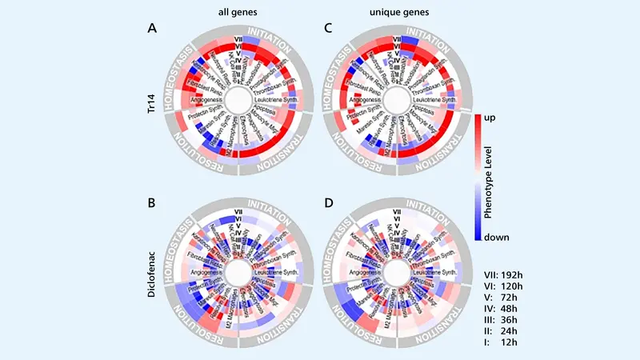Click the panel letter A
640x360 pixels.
[x=152, y=28]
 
